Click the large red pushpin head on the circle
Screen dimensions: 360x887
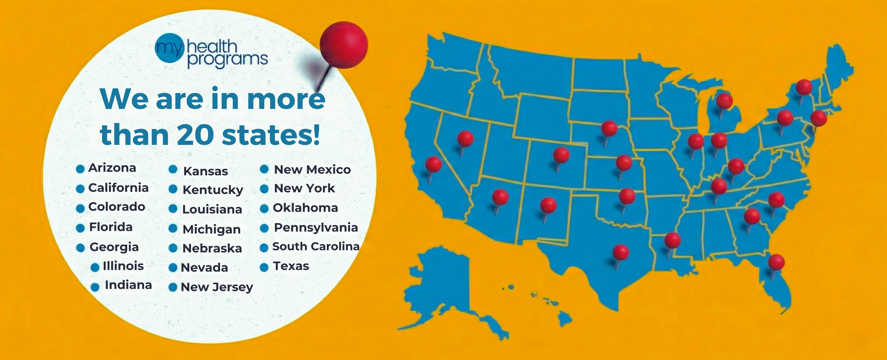343,45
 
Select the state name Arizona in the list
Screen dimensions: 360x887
112,168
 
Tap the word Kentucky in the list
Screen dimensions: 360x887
213,190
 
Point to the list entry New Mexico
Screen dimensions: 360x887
312,169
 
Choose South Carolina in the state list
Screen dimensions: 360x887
316,246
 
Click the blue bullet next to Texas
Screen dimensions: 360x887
264,268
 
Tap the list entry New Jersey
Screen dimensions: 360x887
217,287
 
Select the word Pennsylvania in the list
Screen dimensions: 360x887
316,227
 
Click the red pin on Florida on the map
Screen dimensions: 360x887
776,262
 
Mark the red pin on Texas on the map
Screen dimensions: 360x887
621,252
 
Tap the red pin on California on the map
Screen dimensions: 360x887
434,164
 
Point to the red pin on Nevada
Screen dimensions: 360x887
465,139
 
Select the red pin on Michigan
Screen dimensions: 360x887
724,101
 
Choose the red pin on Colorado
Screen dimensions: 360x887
561,155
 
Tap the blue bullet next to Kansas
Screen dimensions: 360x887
173,169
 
